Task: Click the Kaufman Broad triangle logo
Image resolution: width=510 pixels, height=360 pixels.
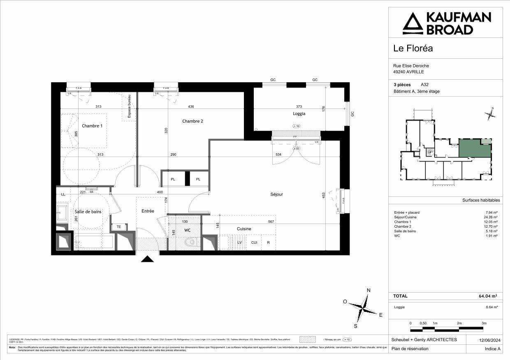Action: point(413,23)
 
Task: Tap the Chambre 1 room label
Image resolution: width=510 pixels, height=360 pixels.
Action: point(92,126)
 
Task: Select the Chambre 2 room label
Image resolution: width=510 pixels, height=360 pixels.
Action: point(192,121)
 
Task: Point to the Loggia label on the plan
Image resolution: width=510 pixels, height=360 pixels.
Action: point(299,113)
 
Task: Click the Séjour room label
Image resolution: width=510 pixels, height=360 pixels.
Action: point(276,194)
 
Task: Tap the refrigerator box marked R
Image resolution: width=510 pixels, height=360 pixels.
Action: point(268,242)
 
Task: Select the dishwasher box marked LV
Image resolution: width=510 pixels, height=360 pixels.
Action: point(239,242)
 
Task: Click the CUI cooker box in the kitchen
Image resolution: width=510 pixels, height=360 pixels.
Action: point(254,242)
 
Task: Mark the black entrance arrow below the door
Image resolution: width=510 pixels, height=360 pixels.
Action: point(147,259)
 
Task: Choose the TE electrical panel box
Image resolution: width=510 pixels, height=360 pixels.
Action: point(118,227)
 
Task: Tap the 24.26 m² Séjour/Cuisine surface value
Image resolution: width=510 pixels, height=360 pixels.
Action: point(491,217)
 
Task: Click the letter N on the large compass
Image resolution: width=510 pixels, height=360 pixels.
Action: point(369,291)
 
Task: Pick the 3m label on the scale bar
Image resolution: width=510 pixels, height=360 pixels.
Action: point(484,323)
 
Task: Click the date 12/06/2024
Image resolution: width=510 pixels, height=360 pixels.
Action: point(489,340)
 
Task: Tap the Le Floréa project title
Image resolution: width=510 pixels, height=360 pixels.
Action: point(413,48)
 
